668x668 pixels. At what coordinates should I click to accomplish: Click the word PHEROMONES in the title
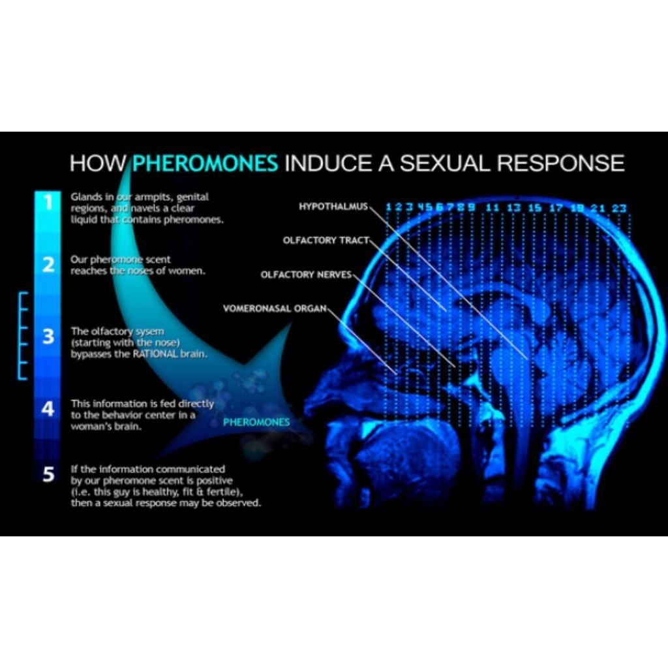coord(205,162)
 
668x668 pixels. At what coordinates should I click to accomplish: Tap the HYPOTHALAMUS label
coord(333,207)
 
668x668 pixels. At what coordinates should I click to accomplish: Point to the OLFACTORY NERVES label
coord(306,275)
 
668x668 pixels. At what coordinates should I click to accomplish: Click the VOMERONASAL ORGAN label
coord(274,308)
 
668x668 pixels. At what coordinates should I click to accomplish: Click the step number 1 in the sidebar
coord(48,202)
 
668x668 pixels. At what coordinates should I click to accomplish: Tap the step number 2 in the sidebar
coord(48,265)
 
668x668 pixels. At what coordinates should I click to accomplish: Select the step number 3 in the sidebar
coord(48,337)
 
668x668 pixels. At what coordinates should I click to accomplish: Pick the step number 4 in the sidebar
coord(48,410)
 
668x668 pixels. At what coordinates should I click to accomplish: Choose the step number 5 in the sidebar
coord(48,474)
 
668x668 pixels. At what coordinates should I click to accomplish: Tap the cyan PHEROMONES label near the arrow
coord(256,422)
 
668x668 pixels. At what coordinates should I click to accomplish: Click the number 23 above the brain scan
coord(619,208)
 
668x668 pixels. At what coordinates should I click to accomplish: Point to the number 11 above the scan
coord(493,208)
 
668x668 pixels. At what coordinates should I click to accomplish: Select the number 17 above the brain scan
coord(556,208)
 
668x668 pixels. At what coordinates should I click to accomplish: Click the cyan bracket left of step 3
coord(23,336)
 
